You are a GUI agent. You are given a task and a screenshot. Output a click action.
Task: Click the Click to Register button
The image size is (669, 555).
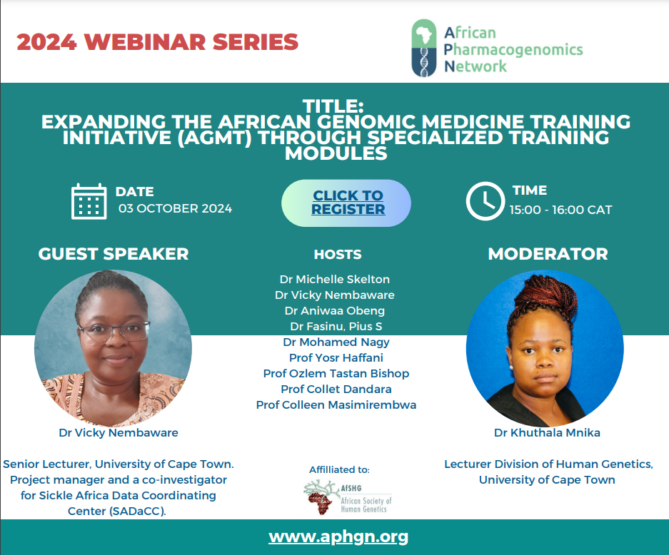coord(346,203)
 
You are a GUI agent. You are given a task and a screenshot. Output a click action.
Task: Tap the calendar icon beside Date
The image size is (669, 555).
coord(89,201)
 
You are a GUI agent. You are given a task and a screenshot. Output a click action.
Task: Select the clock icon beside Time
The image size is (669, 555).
coord(485,200)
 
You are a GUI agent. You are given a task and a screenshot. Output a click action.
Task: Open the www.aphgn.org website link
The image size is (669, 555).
coord(338,536)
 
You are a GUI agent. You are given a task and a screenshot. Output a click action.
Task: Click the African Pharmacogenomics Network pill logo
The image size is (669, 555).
coord(423,48)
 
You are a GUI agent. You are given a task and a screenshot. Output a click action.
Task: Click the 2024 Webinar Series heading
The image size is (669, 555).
coord(158,42)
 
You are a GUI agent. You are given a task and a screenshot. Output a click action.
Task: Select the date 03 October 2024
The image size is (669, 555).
coord(176,208)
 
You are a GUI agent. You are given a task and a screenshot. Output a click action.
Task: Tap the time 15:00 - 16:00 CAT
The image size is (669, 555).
coord(560,210)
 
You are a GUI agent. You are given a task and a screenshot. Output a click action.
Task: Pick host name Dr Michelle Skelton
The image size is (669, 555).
coord(334,279)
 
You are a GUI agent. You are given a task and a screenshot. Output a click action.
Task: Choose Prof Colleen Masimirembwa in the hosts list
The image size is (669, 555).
coord(336,404)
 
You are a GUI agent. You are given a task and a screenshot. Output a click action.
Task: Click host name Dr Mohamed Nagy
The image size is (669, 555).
coord(336,342)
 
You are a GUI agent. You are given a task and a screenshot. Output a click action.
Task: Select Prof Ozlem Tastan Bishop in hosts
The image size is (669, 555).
coord(336,373)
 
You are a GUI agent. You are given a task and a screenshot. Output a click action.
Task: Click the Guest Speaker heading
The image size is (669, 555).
coord(114,254)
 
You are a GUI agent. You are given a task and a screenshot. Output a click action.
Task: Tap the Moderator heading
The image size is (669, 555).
coord(548,254)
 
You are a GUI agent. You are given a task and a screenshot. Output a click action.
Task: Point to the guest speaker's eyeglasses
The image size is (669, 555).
coord(114,332)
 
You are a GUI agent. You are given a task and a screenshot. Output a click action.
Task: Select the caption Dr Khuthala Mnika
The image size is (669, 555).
coord(547,433)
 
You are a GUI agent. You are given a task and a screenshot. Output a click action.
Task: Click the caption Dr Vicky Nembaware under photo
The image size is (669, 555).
coord(119,433)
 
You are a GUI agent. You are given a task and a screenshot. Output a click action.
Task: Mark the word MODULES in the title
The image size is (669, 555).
coord(336,153)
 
